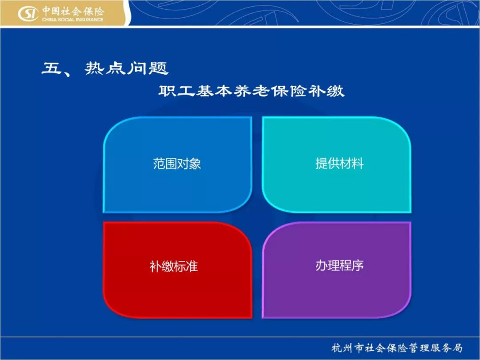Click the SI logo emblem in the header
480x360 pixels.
tap(28, 14)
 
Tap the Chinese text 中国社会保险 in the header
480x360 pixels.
tap(73, 11)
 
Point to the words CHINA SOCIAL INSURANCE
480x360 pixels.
tap(72, 20)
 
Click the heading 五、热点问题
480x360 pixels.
tap(105, 68)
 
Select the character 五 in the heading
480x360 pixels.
tap(52, 68)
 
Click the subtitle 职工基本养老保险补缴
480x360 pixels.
tap(251, 91)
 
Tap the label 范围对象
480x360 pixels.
tap(177, 164)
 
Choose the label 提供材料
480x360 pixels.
tap(340, 164)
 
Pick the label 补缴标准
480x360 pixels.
tap(174, 266)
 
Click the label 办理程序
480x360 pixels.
tap(340, 265)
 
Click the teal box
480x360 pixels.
tap(336, 165)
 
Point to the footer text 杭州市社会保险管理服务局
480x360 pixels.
tap(397, 348)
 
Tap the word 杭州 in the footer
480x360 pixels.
tap(342, 348)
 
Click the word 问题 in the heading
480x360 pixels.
tap(148, 68)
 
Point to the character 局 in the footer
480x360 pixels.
tap(457, 348)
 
